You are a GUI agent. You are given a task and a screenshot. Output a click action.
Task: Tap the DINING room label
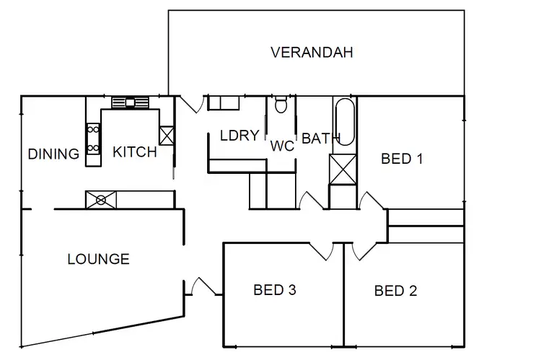coord(53,154)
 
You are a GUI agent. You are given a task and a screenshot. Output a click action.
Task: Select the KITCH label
coord(135,152)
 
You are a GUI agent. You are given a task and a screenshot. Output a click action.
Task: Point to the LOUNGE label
coord(98,259)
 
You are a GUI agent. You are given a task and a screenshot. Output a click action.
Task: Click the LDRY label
coord(239,136)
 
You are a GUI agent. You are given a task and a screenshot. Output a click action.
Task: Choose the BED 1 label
coord(402,159)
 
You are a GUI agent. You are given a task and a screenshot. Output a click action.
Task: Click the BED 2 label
coord(395,291)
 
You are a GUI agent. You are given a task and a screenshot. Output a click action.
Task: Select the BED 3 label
coord(275,291)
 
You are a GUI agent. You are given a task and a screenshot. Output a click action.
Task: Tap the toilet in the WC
coord(282,106)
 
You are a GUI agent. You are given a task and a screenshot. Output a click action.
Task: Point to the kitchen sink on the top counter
coord(130,102)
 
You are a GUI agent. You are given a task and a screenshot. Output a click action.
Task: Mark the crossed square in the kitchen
coord(167,136)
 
